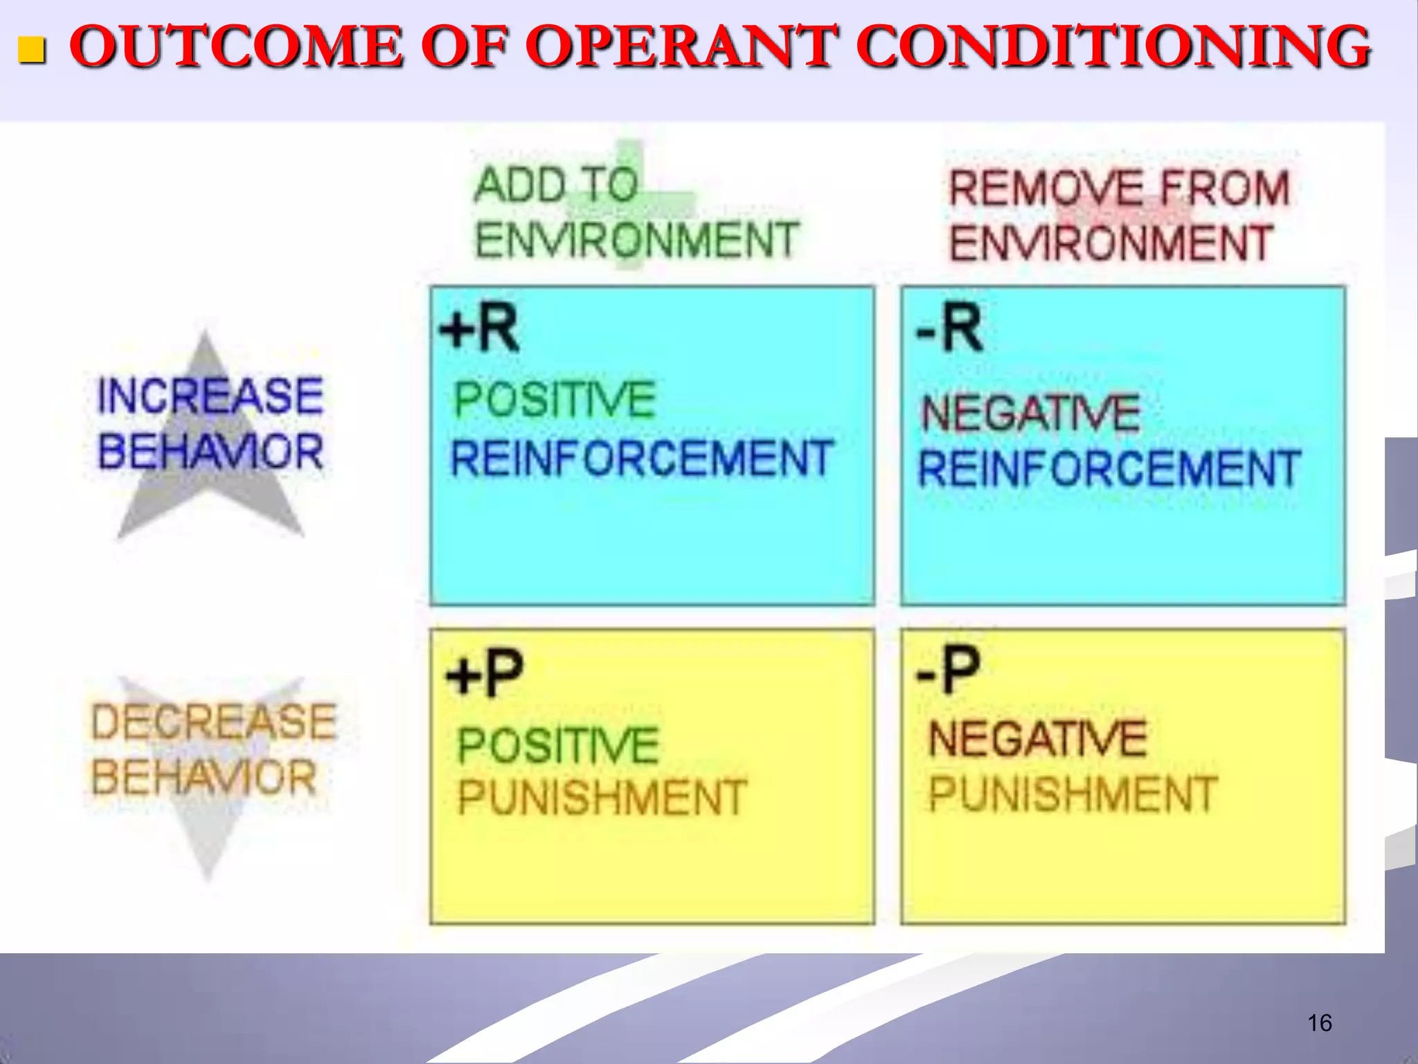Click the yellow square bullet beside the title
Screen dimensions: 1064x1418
click(x=31, y=50)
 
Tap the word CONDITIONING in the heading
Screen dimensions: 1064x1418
click(x=1113, y=47)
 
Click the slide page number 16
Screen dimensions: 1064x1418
click(x=1319, y=1023)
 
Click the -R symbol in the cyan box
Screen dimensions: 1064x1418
click(x=949, y=329)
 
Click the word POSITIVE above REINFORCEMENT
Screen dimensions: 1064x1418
click(x=555, y=400)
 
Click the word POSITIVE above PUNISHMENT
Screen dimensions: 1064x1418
click(x=558, y=745)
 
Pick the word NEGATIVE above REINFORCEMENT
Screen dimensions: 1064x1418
click(x=1030, y=414)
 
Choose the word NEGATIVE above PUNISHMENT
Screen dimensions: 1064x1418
click(x=1037, y=738)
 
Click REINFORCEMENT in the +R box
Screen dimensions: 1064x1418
click(x=642, y=459)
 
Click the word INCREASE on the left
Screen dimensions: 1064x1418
click(x=210, y=396)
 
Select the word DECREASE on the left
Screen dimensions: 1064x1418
click(x=213, y=722)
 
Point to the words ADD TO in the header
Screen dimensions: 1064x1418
click(x=556, y=186)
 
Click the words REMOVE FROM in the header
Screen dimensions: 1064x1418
click(x=1119, y=188)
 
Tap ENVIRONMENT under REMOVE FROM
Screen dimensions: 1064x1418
click(x=1111, y=244)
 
